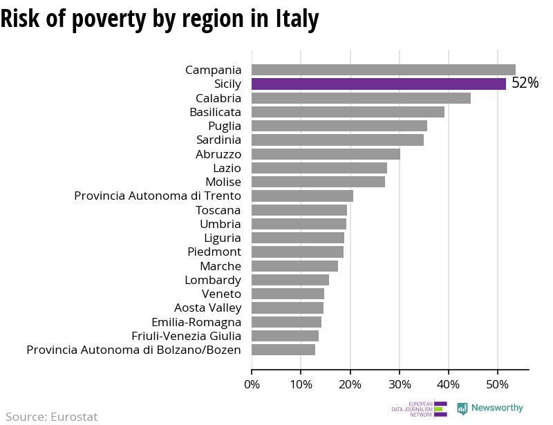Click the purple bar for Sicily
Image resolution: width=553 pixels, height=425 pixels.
tap(378, 84)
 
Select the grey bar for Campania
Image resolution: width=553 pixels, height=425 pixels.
tap(383, 70)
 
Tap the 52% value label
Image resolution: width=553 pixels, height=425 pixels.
tap(525, 84)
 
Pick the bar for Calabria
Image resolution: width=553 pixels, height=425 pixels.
tap(361, 98)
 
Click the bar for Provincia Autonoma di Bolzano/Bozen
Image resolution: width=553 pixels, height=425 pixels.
tap(283, 350)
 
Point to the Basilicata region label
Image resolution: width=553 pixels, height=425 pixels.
tap(215, 112)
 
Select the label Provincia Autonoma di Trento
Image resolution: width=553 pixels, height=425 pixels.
tap(158, 196)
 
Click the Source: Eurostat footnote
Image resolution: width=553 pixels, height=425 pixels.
tap(52, 417)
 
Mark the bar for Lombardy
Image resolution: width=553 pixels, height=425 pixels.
tap(290, 280)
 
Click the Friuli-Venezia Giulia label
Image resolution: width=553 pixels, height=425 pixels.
tap(186, 336)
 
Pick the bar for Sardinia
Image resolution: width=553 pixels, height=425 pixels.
tap(337, 140)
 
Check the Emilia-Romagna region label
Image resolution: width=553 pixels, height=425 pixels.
tap(196, 322)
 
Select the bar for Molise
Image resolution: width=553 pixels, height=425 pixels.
tap(318, 182)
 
